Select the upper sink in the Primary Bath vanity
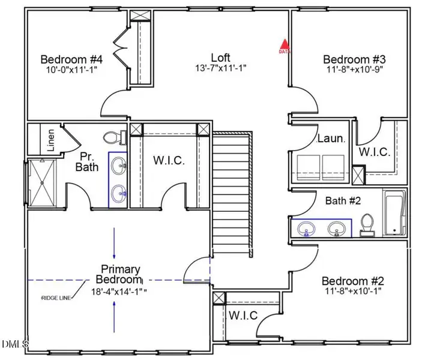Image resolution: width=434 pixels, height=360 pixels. (x=118, y=164)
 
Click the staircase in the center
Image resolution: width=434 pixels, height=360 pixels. (x=231, y=192)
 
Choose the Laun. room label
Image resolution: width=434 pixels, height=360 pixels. (x=331, y=139)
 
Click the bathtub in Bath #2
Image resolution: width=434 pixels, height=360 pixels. (x=394, y=214)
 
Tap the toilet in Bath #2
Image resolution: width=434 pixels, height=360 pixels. (x=366, y=224)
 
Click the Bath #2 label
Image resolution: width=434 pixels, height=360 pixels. (x=343, y=201)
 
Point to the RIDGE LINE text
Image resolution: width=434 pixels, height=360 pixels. (x=56, y=298)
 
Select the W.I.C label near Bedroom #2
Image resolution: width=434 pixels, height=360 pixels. (x=243, y=316)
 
